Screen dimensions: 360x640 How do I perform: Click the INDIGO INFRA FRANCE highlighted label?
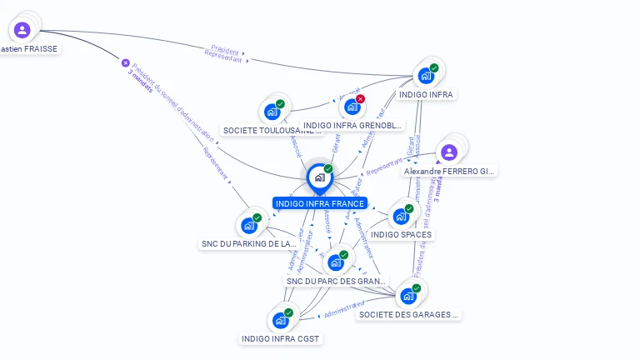point(319,203)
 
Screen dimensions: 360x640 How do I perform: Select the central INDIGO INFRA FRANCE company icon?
point(319,177)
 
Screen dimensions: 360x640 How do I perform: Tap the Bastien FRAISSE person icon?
point(22,30)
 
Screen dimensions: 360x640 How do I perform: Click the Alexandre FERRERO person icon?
point(449,152)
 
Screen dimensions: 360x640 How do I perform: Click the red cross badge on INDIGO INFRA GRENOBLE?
point(360,99)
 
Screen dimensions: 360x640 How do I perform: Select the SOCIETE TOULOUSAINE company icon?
point(272,111)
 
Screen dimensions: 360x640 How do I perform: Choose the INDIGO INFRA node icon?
point(426,76)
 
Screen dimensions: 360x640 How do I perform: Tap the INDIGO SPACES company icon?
point(401,217)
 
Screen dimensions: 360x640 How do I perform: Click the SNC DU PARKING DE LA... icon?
point(248,225)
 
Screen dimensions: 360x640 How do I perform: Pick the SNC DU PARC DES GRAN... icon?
point(336,262)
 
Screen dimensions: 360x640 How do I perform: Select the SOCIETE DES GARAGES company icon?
point(408,296)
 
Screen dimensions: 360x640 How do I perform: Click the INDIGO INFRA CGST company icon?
point(281,320)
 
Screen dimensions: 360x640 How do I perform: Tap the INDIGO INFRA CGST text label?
point(281,338)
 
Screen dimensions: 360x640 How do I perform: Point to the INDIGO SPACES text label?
point(402,235)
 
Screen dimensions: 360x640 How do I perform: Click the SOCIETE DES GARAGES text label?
point(409,315)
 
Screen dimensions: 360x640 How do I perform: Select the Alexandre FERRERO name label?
point(449,171)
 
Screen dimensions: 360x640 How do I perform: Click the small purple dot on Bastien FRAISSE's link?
point(126,62)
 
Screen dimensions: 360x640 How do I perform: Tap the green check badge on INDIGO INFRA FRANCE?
point(328,169)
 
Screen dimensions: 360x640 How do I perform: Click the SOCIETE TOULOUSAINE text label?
point(272,131)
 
